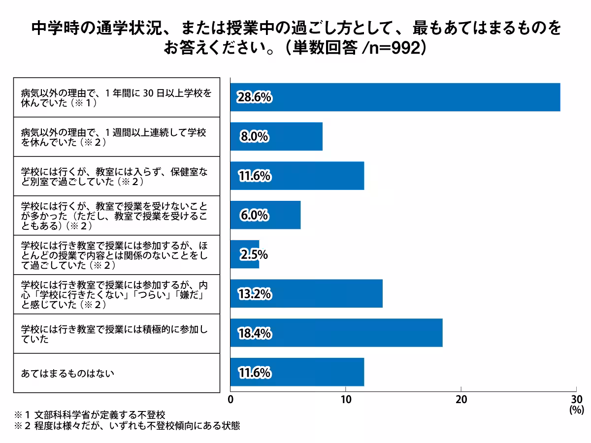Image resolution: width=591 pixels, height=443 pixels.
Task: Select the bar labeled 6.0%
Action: click(x=265, y=215)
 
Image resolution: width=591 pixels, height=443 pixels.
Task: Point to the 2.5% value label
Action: click(x=254, y=255)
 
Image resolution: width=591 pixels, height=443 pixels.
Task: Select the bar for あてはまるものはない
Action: click(x=297, y=372)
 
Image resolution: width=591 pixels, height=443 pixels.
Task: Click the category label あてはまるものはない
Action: click(x=67, y=373)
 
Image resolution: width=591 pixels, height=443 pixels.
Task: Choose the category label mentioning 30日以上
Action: click(x=116, y=97)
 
